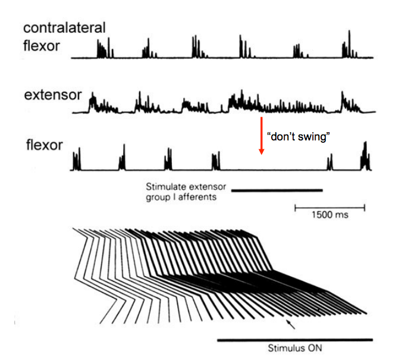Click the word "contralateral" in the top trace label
[64, 27]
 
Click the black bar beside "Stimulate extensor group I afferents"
[277, 190]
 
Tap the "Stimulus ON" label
[295, 348]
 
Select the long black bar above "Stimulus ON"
[295, 340]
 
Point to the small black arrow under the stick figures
[290, 324]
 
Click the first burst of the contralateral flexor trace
[104, 49]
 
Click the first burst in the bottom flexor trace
[77, 161]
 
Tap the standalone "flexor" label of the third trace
[45, 145]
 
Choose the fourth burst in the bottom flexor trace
[215, 161]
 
